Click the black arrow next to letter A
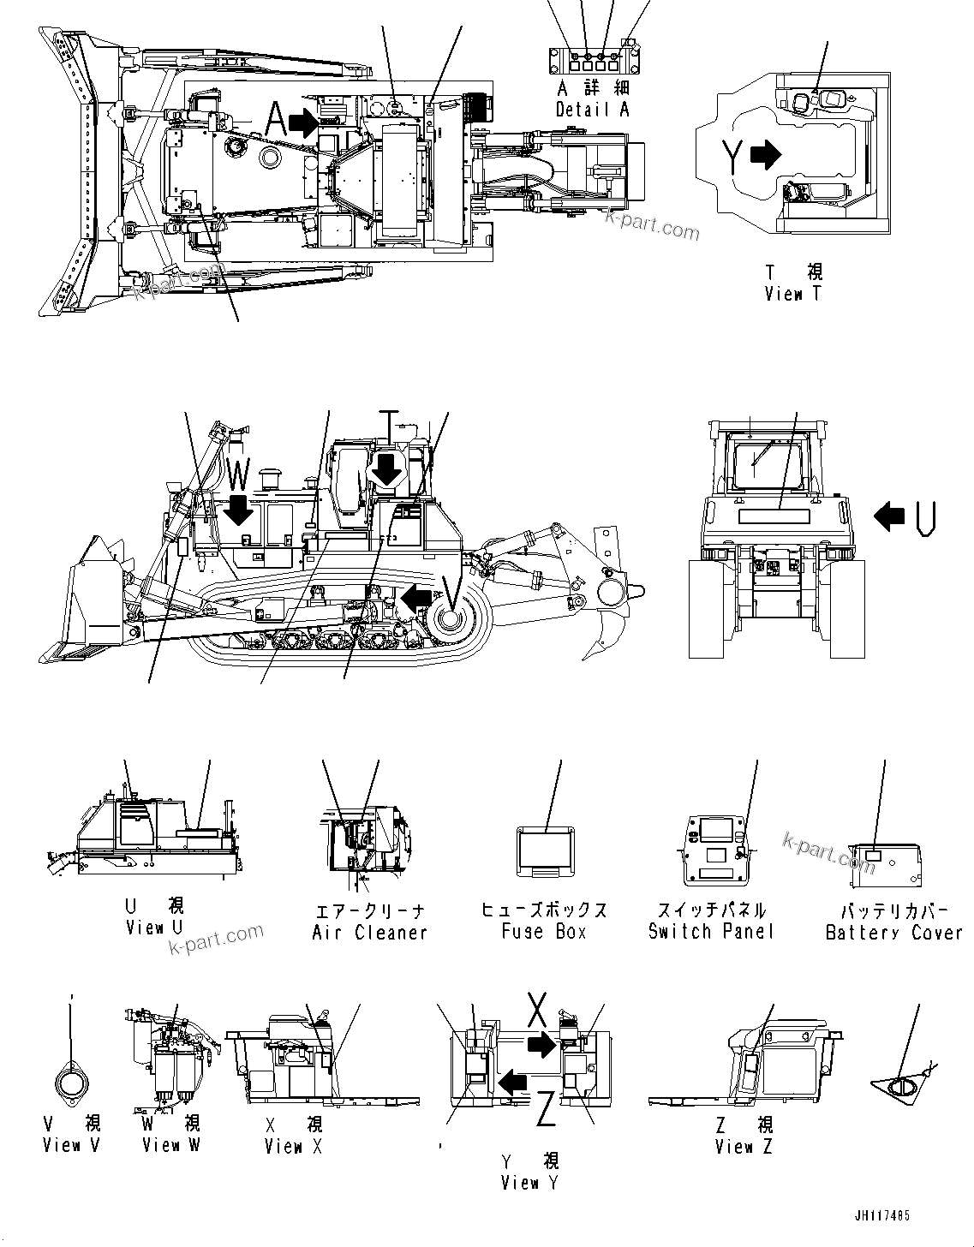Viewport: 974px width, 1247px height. [x=302, y=123]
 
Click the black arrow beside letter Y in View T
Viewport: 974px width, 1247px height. [x=766, y=154]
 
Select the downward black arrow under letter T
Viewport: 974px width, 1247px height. [x=387, y=469]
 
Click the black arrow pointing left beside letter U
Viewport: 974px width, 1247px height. [x=889, y=516]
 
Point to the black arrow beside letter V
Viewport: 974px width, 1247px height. [x=415, y=599]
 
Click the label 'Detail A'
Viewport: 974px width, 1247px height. [x=593, y=110]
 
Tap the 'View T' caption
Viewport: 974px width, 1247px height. [x=793, y=294]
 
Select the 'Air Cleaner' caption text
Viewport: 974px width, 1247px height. [x=369, y=933]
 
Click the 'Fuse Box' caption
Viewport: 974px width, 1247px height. [x=544, y=931]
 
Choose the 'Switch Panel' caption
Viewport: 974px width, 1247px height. [x=711, y=931]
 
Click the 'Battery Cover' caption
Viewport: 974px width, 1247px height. [x=893, y=933]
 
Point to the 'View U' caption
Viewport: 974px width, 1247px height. [x=154, y=928]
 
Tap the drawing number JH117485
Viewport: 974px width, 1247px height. [x=881, y=1215]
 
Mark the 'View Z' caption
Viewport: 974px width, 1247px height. [x=744, y=1146]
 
